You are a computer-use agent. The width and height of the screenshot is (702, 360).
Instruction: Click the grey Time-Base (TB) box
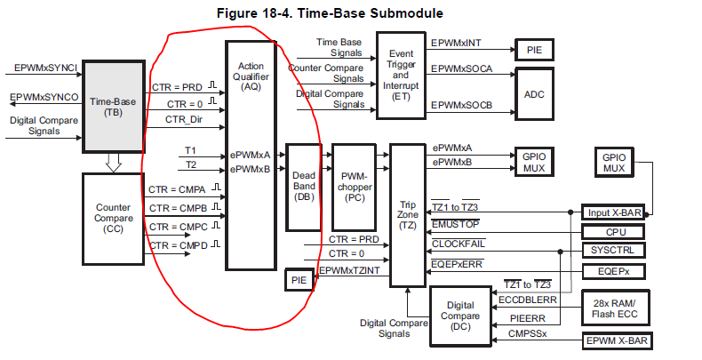point(113,108)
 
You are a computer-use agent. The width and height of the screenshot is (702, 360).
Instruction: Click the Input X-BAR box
point(611,212)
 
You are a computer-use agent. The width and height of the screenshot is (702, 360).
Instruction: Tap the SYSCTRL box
point(613,250)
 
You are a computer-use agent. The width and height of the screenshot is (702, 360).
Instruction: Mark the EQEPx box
point(613,270)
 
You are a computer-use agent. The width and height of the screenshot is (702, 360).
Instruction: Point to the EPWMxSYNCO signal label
point(44,96)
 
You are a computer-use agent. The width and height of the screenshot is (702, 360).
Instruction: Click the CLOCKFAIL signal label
point(459,244)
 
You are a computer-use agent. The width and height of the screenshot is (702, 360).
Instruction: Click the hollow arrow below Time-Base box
point(113,162)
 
